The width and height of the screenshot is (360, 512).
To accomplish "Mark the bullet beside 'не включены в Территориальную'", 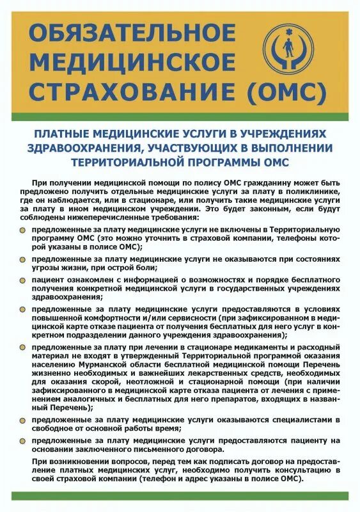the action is coord(23,229).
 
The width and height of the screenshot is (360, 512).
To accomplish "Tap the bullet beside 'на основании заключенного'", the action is coord(23,440).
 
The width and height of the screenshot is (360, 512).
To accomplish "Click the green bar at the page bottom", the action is coord(180,495).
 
